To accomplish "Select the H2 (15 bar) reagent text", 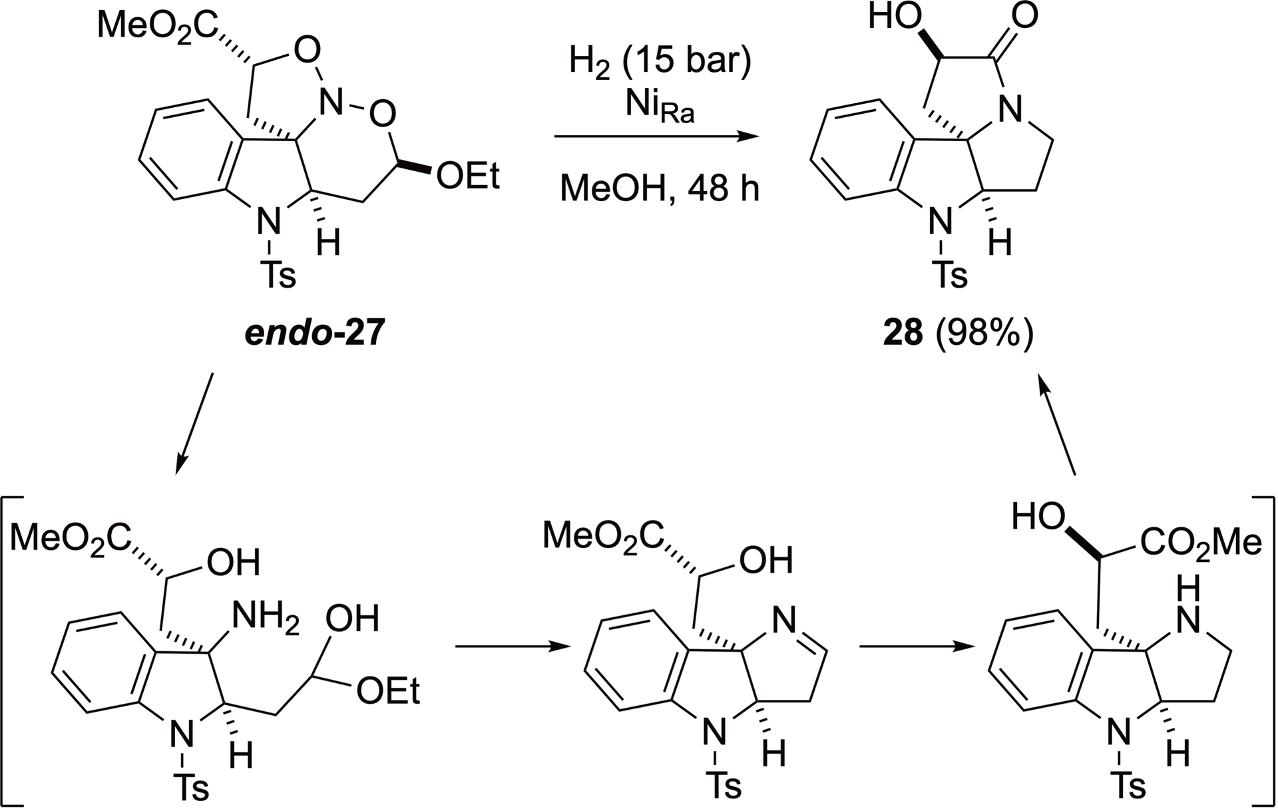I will pyautogui.click(x=660, y=61).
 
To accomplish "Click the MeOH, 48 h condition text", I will pyautogui.click(x=659, y=189).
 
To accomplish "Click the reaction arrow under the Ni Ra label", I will pyautogui.click(x=656, y=137).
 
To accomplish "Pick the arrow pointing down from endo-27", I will pyautogui.click(x=194, y=423).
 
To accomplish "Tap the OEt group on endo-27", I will pyautogui.click(x=468, y=177).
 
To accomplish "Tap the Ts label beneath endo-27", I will pyautogui.click(x=278, y=274).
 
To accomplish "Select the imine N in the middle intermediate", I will pyautogui.click(x=785, y=622).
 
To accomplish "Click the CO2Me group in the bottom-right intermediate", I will pyautogui.click(x=1201, y=543).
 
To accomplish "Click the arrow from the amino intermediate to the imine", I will pyautogui.click(x=513, y=646).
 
